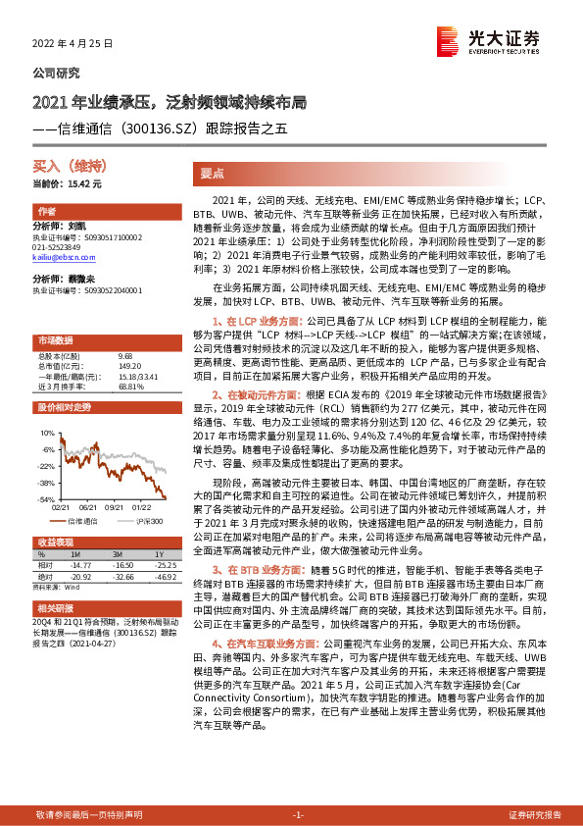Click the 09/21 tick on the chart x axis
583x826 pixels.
click(114, 508)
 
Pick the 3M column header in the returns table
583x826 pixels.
click(123, 555)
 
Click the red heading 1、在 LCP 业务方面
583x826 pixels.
click(258, 320)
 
